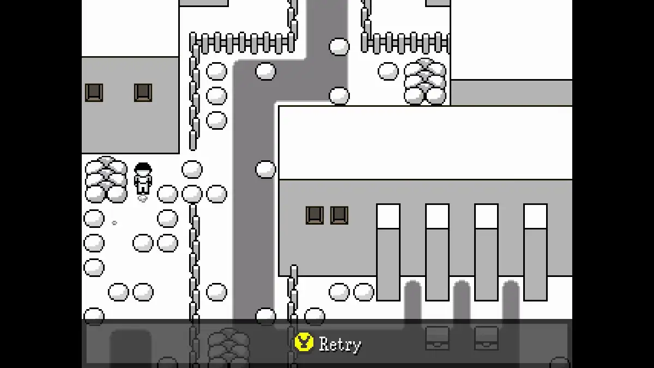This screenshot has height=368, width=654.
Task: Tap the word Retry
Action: point(340,345)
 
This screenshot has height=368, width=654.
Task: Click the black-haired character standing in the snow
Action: point(143,178)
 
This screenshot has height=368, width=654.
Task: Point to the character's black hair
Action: point(143,168)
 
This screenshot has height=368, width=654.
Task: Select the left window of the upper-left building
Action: point(94,93)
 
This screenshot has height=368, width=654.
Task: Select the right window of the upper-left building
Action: point(143,93)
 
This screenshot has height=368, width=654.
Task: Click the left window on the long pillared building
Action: point(315,215)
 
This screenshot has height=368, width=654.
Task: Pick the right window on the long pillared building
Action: point(339,215)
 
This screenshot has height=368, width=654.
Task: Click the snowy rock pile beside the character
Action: point(106,179)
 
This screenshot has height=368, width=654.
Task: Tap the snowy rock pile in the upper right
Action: point(425,81)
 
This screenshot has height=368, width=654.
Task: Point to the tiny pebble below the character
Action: point(114,223)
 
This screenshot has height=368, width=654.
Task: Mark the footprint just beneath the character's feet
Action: point(142,199)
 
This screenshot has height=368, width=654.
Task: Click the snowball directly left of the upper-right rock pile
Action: point(388,71)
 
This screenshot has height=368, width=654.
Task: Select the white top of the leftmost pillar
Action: point(388,216)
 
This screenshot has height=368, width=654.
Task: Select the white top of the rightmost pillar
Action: point(535,216)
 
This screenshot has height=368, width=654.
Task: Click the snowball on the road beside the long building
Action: point(265,170)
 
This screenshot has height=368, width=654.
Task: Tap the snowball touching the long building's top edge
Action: point(339,96)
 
